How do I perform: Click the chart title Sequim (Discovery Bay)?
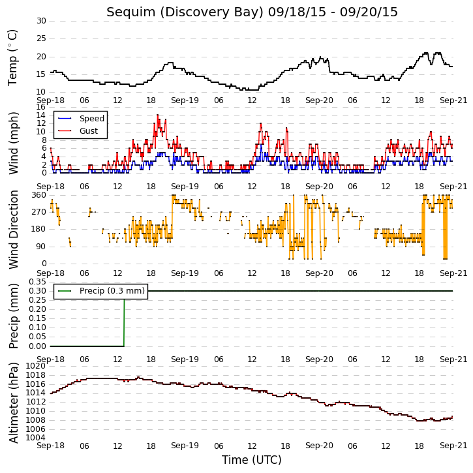(x=185, y=12)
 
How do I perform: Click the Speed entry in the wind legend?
(x=92, y=119)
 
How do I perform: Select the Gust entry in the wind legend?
(x=89, y=131)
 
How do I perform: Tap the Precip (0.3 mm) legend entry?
(x=112, y=291)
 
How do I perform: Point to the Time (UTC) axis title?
(x=252, y=460)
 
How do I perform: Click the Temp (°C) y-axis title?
(x=12, y=58)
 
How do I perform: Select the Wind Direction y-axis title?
(x=13, y=229)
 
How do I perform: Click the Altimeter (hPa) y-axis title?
(x=13, y=403)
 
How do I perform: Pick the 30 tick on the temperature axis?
(x=41, y=21)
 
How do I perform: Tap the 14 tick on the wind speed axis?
(x=40, y=115)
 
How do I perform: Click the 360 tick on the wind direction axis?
(x=39, y=195)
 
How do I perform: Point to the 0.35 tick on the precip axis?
(x=37, y=282)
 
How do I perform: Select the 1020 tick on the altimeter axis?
(x=36, y=365)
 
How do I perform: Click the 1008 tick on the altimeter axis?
(x=36, y=420)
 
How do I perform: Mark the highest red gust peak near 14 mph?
(x=157, y=115)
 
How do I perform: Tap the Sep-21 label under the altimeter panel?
(x=453, y=446)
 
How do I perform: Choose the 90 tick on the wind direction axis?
(x=41, y=247)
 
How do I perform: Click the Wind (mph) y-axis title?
(x=13, y=143)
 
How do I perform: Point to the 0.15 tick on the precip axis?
(x=37, y=318)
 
